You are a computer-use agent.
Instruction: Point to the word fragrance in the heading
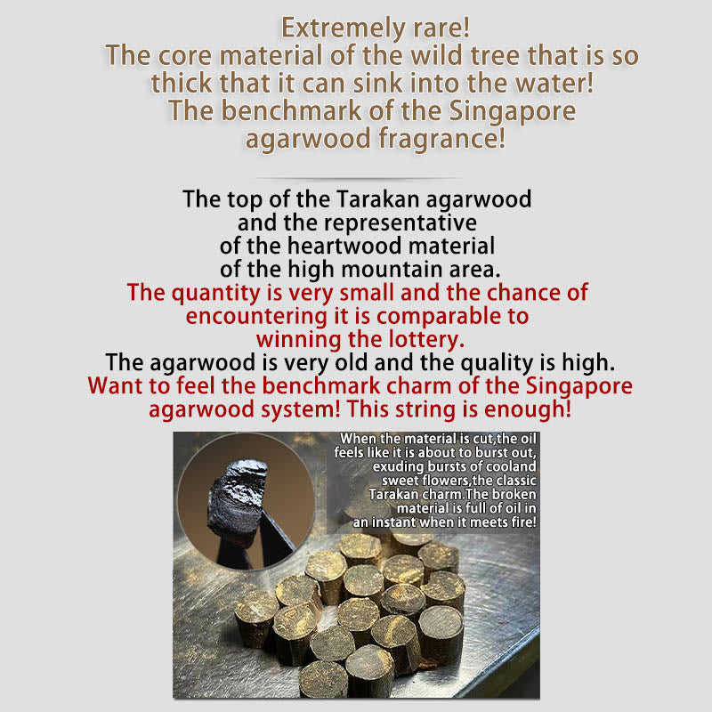(441, 139)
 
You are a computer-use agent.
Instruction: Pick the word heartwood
(344, 247)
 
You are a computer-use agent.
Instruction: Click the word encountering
(256, 316)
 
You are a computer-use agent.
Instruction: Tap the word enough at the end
(528, 409)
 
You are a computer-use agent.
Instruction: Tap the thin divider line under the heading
(359, 179)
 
